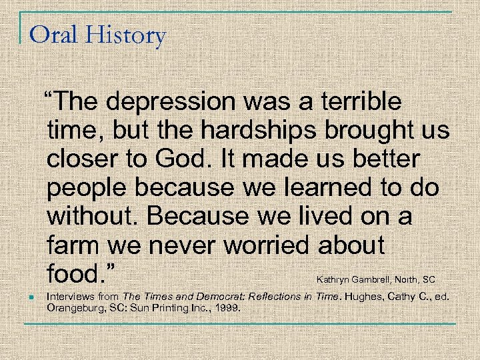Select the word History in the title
point(125,35)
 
